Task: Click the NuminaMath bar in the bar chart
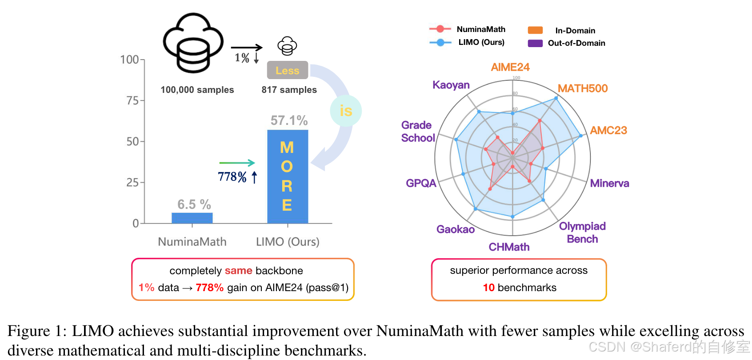(192, 218)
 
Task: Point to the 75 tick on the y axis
(132, 100)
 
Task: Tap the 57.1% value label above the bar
(289, 120)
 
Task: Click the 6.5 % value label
(194, 204)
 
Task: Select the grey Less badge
(287, 70)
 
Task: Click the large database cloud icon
(193, 43)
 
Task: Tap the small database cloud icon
(287, 46)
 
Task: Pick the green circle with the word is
(346, 111)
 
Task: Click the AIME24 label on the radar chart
(510, 67)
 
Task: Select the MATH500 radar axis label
(582, 88)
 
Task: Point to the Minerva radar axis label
(609, 183)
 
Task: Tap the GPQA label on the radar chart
(421, 183)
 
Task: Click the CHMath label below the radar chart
(509, 247)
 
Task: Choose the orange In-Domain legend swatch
(535, 30)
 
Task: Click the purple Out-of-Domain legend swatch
(535, 43)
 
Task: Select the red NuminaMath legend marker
(440, 29)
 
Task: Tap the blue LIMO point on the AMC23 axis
(580, 136)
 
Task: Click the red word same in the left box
(238, 271)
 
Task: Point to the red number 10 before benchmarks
(488, 288)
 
